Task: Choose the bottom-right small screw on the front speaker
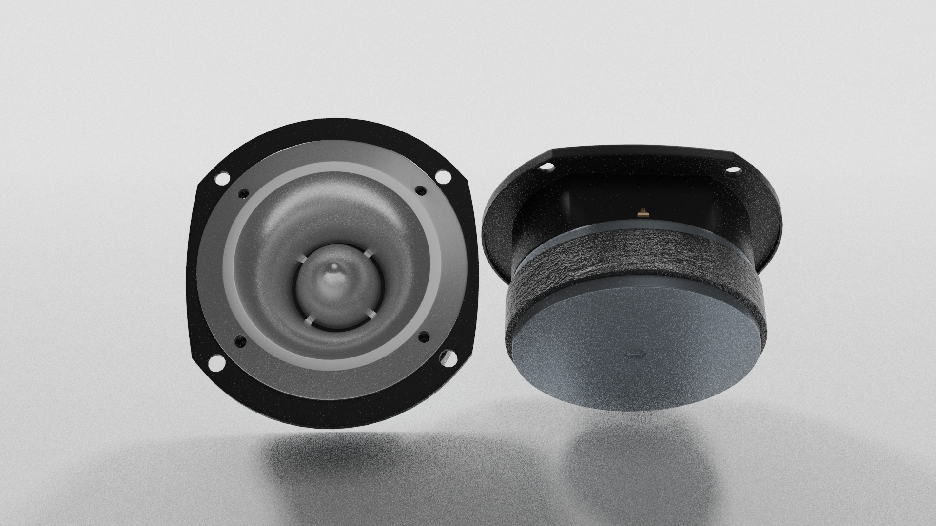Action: point(423,336)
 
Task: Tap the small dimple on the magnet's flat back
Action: point(633,353)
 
